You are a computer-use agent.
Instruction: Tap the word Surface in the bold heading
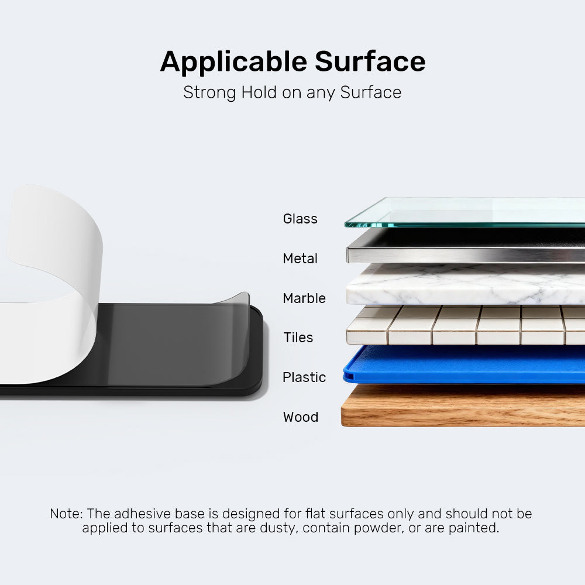[x=370, y=61]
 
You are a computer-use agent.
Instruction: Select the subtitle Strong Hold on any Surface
[x=292, y=92]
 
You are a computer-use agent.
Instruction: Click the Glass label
[x=300, y=219]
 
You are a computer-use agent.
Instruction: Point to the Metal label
[x=300, y=259]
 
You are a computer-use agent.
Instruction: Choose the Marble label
[x=304, y=298]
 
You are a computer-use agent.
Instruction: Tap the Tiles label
[x=298, y=338]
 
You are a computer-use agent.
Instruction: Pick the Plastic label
[x=304, y=377]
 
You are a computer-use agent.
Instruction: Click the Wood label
[x=301, y=417]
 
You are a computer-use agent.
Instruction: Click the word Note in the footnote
[x=66, y=514]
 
